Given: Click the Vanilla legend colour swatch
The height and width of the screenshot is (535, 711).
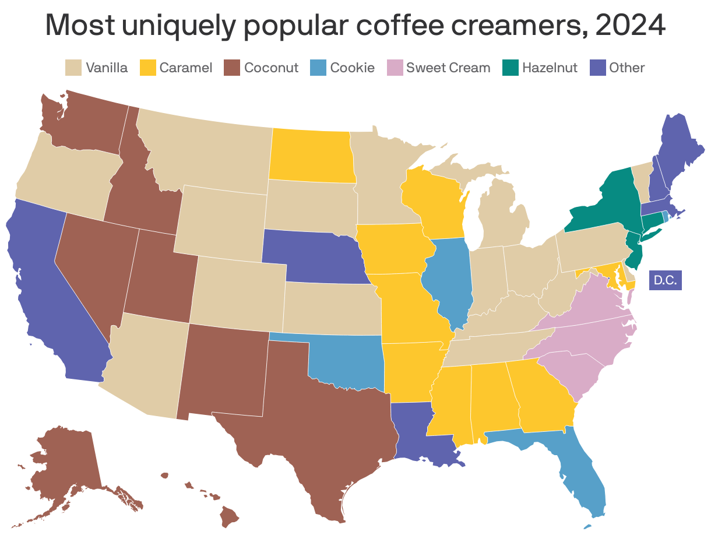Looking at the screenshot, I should tap(73, 68).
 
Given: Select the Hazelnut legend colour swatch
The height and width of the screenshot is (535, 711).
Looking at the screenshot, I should tap(510, 68).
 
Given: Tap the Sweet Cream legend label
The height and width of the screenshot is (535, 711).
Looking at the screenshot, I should tap(448, 68).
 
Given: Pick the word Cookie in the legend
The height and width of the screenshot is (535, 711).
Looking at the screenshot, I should tap(352, 68).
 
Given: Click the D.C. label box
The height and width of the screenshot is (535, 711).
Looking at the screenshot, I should tap(665, 280).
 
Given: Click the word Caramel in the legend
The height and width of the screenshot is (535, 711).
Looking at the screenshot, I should tap(185, 68).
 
